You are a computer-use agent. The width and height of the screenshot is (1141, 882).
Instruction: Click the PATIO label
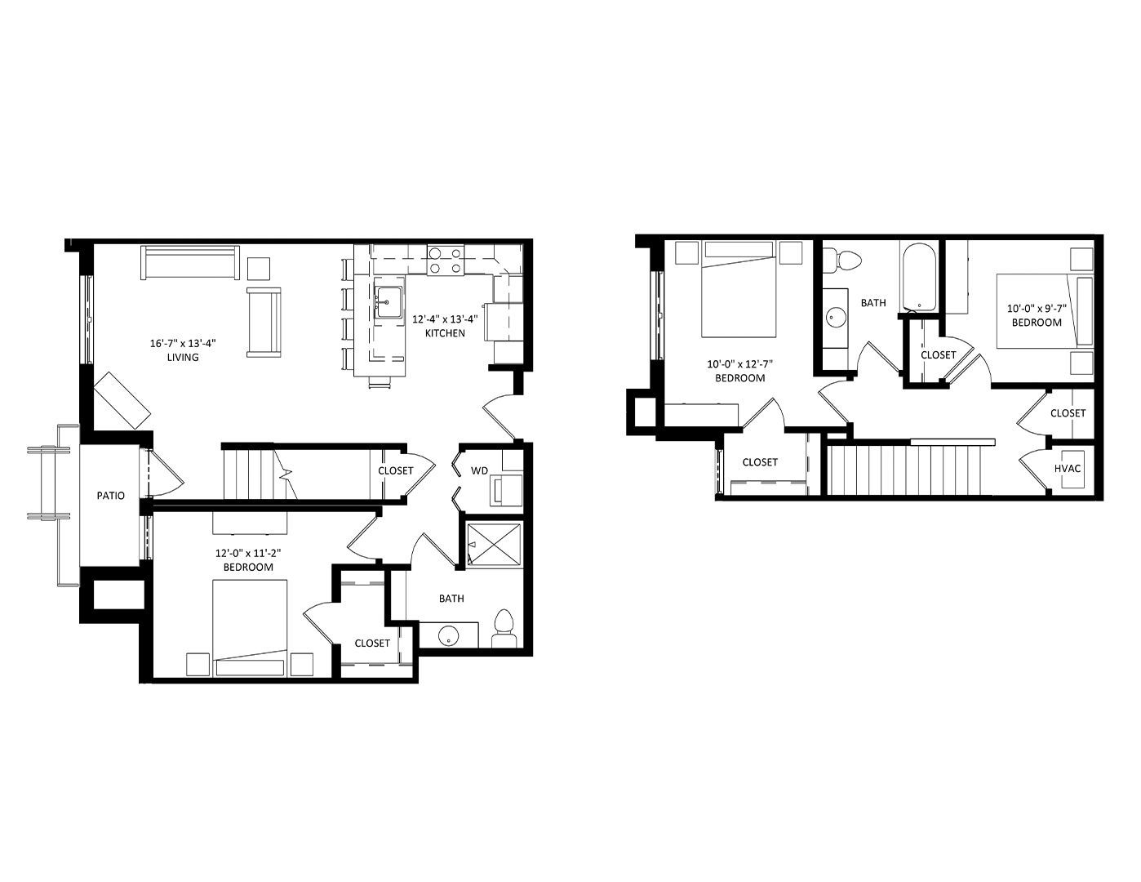[x=110, y=496]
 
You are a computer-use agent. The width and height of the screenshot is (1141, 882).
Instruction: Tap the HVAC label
[x=1067, y=468]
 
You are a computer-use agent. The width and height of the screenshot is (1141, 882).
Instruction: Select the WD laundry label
[x=479, y=470]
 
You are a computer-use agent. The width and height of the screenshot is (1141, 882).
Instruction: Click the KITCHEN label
[x=445, y=332]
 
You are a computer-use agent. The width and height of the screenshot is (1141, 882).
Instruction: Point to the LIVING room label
[x=183, y=357]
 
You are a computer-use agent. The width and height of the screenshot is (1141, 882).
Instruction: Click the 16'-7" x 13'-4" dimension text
[x=183, y=344]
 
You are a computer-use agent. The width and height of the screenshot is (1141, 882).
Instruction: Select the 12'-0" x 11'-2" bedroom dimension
[x=248, y=553]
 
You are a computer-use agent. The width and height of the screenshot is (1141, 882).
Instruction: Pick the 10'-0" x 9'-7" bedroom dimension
[x=1037, y=309]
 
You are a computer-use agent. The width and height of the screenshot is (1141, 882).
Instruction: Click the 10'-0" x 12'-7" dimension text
[x=739, y=364]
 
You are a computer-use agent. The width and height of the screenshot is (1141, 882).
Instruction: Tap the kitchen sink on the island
[x=389, y=303]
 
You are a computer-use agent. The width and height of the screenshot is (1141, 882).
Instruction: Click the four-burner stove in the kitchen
[x=445, y=260]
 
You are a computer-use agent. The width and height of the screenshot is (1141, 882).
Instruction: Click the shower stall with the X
[x=494, y=544]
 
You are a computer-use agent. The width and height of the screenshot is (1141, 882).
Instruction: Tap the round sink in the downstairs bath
[x=448, y=635]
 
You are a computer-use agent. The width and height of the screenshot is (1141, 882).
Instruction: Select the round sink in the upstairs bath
[x=835, y=318]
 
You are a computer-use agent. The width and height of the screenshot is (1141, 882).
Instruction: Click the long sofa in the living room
[x=190, y=262]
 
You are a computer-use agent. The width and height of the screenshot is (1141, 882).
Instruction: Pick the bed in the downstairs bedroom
[x=250, y=628]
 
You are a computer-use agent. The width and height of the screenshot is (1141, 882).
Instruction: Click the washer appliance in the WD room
[x=506, y=490]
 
